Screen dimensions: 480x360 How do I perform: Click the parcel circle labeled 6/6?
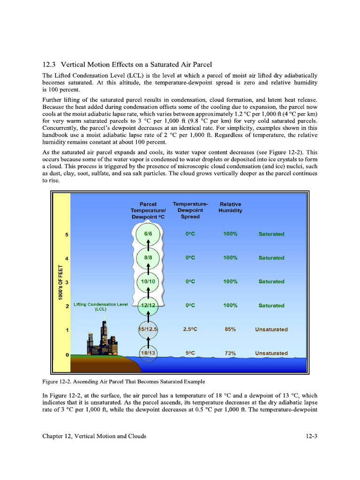coord(148,234)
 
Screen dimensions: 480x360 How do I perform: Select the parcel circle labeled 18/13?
coord(148,353)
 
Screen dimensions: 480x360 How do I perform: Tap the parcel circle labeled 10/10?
coord(148,281)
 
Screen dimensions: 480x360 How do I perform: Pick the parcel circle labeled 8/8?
coord(148,257)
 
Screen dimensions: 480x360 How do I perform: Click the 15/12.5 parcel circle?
coord(148,329)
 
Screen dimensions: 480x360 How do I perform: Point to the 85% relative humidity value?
coord(230,329)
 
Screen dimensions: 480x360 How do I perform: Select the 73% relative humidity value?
coord(230,353)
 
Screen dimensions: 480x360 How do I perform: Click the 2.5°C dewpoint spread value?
coord(190,329)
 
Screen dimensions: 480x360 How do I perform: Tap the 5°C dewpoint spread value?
coord(190,353)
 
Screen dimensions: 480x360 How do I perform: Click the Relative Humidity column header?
coord(230,207)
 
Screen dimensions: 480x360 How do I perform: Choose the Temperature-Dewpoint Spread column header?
coord(190,210)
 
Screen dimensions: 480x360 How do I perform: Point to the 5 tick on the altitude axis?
coord(67,234)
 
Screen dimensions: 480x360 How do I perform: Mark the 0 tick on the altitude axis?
coord(67,354)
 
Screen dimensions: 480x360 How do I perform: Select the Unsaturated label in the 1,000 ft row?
coord(271,329)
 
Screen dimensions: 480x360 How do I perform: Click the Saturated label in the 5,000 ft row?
coord(271,234)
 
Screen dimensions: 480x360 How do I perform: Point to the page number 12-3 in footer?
coord(310,436)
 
